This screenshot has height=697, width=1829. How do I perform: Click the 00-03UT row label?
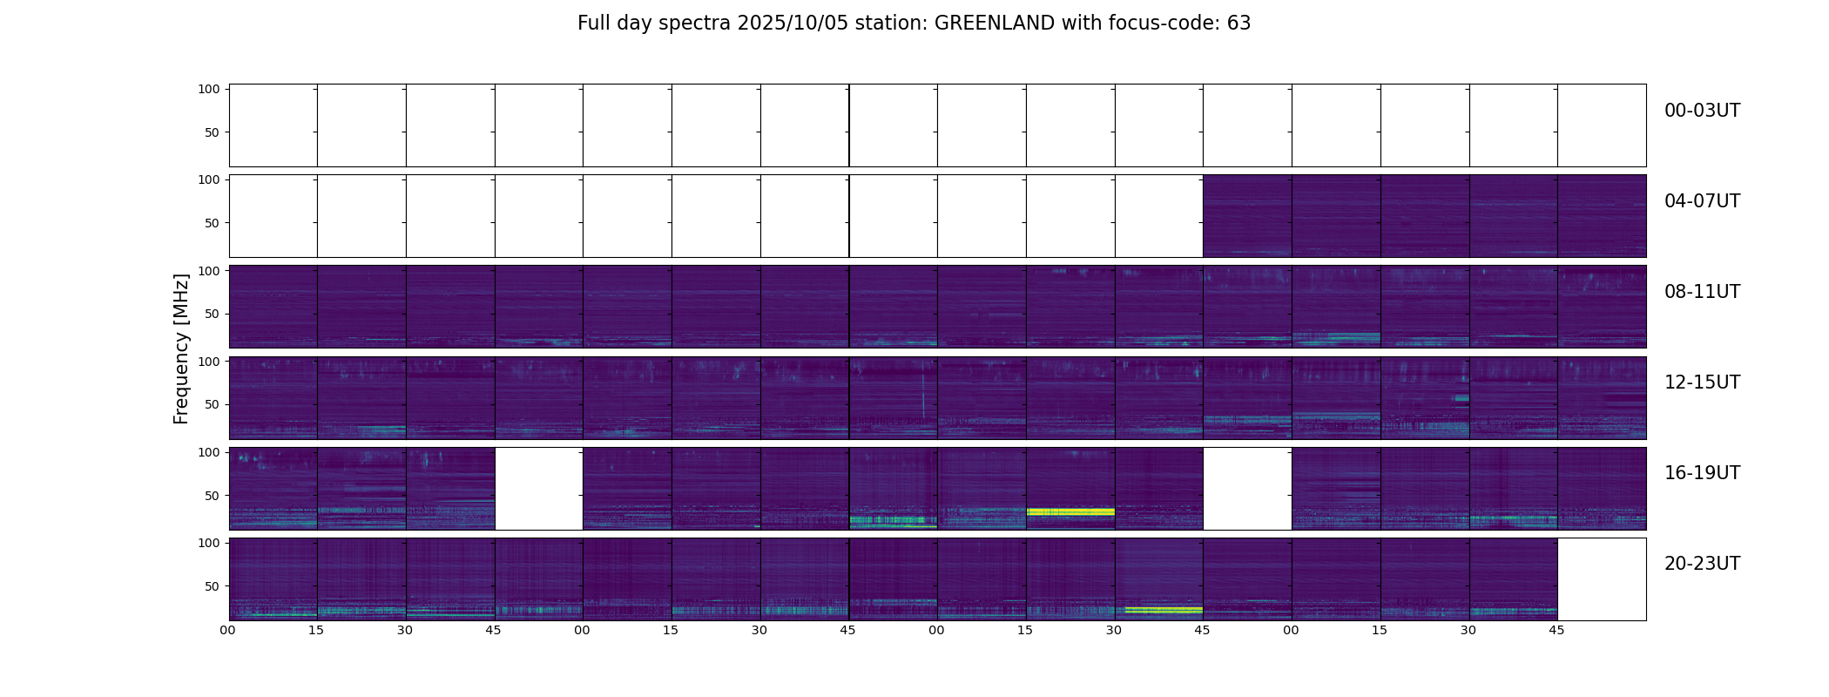(1702, 111)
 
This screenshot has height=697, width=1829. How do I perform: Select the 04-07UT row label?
(1702, 201)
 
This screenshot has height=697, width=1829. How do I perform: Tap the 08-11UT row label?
(1702, 292)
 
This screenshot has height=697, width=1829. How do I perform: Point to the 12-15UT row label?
(1702, 382)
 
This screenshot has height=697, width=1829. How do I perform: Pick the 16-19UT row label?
(1702, 473)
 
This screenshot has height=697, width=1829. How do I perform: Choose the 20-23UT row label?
(1702, 564)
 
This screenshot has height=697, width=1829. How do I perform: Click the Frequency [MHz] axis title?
(181, 348)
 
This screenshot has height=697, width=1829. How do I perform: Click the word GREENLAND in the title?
(994, 24)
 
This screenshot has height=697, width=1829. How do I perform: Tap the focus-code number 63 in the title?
(1238, 24)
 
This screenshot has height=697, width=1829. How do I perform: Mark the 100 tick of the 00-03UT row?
(209, 89)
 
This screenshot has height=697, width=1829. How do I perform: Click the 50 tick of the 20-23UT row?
(213, 586)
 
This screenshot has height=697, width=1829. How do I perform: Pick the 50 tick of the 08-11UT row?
(213, 314)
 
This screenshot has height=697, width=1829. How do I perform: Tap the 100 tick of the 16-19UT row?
(209, 452)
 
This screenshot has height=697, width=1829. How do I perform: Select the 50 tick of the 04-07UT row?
(213, 223)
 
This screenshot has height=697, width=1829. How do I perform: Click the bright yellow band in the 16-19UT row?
(1070, 511)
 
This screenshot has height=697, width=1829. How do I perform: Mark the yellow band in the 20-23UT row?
(1163, 609)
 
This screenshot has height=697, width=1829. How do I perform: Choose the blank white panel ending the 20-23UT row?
(1601, 579)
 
